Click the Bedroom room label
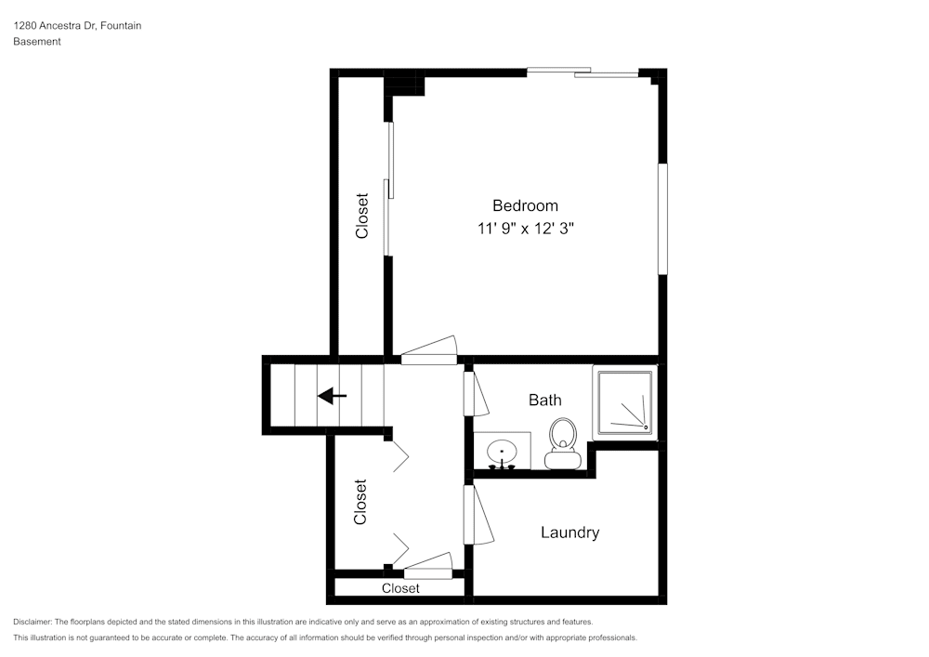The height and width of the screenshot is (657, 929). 525,205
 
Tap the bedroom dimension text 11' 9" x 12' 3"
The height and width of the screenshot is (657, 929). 526,229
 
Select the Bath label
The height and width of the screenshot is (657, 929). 544,400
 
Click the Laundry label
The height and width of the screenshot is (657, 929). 569,532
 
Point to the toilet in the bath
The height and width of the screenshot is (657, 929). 562,443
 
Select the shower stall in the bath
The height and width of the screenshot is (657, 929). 625,401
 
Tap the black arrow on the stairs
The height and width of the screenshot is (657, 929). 332,396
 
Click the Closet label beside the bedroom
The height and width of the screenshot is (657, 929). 362,216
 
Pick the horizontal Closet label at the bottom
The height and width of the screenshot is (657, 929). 400,588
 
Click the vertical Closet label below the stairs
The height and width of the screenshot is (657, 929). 360,502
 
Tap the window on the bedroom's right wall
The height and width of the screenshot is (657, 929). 662,219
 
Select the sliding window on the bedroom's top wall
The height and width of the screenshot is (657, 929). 582,72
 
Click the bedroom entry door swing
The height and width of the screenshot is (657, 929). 429,350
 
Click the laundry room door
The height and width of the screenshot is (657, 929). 478,515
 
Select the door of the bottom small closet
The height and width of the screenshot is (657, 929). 427,565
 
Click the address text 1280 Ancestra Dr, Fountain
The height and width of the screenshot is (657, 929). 77,26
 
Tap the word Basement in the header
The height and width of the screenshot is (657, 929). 37,42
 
